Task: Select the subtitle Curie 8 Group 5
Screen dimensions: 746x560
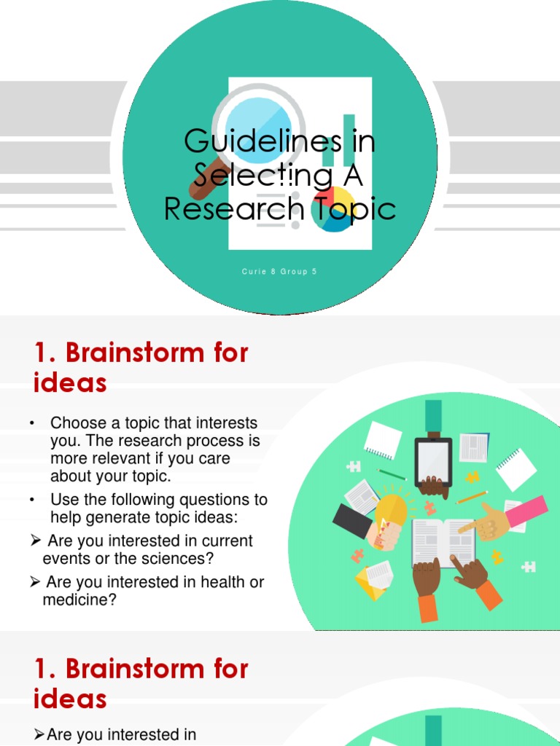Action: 280,272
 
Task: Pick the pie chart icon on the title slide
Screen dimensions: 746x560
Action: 332,208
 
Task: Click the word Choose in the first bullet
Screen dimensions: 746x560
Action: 77,423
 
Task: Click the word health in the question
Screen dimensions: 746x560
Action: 203,582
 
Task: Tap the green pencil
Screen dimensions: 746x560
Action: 391,474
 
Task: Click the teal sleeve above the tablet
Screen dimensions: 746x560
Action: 433,415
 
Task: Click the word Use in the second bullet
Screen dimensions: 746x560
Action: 63,500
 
